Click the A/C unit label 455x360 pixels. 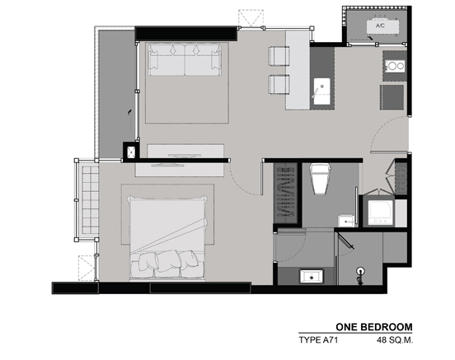click(x=380, y=26)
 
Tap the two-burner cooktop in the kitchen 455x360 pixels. click(x=396, y=66)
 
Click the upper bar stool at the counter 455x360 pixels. click(x=279, y=56)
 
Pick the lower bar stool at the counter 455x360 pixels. click(x=279, y=84)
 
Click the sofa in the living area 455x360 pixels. click(x=185, y=59)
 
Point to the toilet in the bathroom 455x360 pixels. click(x=320, y=179)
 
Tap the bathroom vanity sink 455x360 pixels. click(x=312, y=276)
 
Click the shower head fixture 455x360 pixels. click(x=360, y=274)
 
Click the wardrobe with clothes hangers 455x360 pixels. click(x=285, y=193)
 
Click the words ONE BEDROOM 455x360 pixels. click(x=374, y=327)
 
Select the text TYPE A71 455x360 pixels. click(x=318, y=339)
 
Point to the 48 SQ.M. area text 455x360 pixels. click(x=395, y=339)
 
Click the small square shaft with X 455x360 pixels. click(x=129, y=151)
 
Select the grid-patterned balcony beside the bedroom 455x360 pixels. click(x=88, y=199)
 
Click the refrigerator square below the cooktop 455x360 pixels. click(x=392, y=97)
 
